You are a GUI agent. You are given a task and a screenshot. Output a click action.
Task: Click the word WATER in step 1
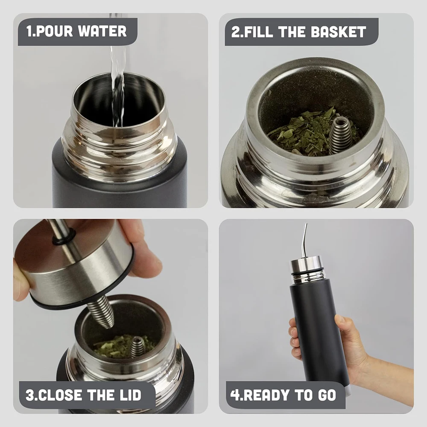coord(102,31)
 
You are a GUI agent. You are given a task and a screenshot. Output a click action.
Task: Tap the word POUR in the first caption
coord(54,31)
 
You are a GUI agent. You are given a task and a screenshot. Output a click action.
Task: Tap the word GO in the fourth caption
coord(327,395)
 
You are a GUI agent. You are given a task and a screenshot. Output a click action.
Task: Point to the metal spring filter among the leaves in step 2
coord(341,135)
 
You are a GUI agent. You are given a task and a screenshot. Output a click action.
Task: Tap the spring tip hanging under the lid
coord(103,312)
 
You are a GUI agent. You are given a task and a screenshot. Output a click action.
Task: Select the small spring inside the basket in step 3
coord(137,346)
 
